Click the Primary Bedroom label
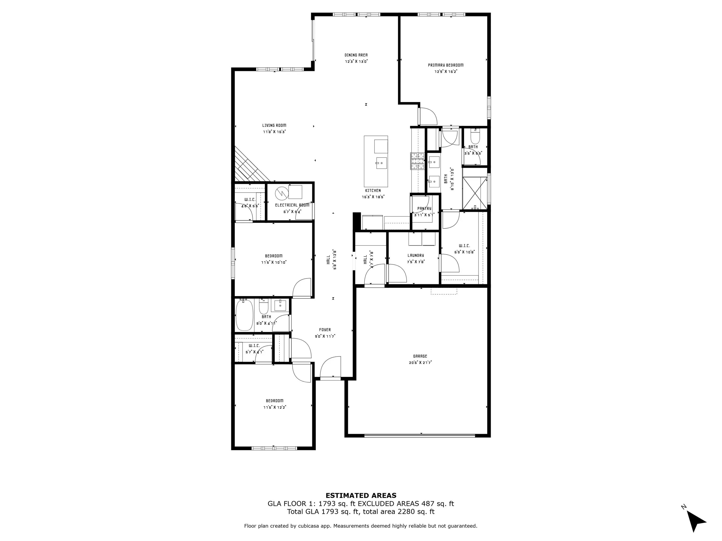pyautogui.click(x=446, y=65)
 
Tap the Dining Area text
pyautogui.click(x=356, y=55)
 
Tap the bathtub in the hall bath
pyautogui.click(x=244, y=315)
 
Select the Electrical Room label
pyautogui.click(x=292, y=205)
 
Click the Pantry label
pyautogui.click(x=424, y=208)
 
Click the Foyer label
pyautogui.click(x=325, y=330)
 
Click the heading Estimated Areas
pyautogui.click(x=361, y=496)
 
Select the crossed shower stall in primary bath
pyautogui.click(x=475, y=193)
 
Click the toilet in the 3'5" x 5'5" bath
pyautogui.click(x=475, y=137)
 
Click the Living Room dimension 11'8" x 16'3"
pyautogui.click(x=274, y=132)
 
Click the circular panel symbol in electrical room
pyautogui.click(x=282, y=193)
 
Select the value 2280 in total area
pyautogui.click(x=405, y=512)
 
